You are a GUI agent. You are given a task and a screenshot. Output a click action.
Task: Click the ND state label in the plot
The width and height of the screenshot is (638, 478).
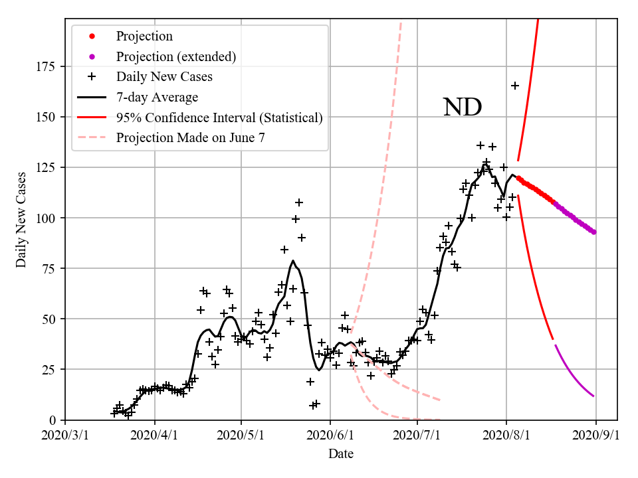click(463, 107)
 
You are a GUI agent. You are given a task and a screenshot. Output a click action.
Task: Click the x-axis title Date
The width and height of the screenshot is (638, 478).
click(341, 454)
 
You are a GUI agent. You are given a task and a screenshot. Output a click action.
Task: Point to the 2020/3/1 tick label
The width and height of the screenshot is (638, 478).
click(65, 436)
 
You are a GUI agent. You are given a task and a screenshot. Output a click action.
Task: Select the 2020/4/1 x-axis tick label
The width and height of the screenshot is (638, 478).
click(155, 436)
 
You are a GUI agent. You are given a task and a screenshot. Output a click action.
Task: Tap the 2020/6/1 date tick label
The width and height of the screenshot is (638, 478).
click(330, 436)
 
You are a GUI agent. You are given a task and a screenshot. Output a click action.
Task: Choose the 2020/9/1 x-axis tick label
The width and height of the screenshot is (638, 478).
click(595, 436)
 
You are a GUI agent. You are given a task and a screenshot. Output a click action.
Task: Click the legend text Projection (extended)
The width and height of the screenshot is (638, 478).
click(176, 56)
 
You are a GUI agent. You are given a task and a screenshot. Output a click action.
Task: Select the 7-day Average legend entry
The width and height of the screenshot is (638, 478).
click(157, 98)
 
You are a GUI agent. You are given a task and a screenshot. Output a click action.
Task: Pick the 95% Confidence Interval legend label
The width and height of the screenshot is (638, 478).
click(219, 118)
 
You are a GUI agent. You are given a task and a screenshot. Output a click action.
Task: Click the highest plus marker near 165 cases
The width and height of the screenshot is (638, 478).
click(515, 86)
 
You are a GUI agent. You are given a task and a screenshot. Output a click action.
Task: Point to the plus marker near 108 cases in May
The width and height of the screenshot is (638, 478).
click(299, 202)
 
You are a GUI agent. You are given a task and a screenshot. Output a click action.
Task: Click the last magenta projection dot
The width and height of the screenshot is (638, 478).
click(594, 232)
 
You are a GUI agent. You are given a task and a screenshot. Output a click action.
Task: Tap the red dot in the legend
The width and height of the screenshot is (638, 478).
click(92, 37)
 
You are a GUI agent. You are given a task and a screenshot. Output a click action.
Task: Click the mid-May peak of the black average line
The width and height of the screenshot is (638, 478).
click(293, 261)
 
